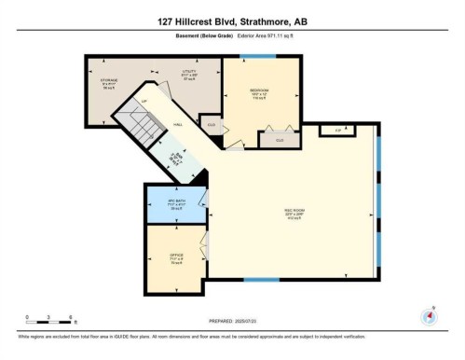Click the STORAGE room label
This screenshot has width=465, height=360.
(109, 82)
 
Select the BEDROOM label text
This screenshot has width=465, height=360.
(260, 94)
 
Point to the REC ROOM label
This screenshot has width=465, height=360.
(294, 213)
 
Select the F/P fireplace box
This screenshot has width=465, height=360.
(337, 131)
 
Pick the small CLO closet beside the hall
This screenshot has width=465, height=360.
(212, 125)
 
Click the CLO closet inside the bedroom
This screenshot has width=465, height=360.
(277, 139)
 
